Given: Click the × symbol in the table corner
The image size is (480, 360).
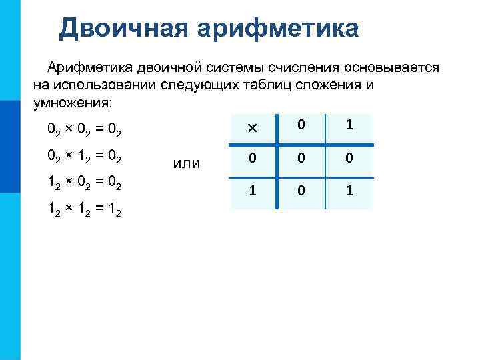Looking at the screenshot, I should tap(252, 127).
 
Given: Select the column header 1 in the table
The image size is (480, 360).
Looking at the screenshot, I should tap(349, 125).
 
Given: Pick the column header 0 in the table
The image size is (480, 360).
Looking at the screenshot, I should tap(301, 125).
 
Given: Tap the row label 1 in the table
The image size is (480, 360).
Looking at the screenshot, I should tap(252, 191).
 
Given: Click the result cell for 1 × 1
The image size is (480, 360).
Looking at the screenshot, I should tap(349, 191).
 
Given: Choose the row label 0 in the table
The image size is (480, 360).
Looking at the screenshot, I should tap(252, 159).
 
